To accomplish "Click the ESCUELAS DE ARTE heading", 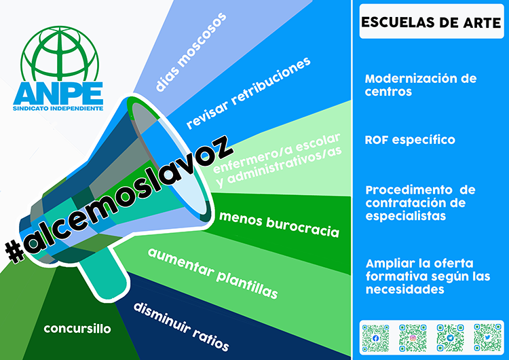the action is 431,22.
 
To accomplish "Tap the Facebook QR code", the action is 375,338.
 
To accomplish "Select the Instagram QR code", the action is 413,338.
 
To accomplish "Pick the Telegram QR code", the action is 450,338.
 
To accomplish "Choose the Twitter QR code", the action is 487,338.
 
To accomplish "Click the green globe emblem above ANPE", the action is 60,54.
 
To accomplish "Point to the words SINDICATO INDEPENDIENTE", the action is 58,108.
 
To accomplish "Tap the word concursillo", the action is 77,329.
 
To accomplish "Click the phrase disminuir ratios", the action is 181,327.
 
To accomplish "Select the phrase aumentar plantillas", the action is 213,273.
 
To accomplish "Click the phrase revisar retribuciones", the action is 248,93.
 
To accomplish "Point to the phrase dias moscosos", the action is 191,52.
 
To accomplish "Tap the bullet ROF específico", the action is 410,140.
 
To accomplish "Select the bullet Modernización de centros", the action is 421,85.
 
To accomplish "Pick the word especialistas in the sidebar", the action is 406,216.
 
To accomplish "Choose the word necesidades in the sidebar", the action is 404,289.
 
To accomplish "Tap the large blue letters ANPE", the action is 58,93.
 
